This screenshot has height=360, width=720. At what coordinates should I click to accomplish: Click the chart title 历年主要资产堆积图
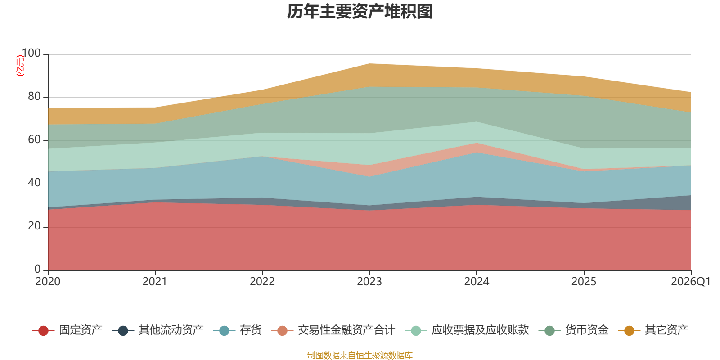tap(360, 12)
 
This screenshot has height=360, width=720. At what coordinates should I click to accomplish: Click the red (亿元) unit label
tap(20, 66)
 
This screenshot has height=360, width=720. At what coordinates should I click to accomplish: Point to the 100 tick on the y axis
tap(31, 53)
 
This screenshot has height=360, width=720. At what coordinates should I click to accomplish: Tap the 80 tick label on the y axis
tap(34, 96)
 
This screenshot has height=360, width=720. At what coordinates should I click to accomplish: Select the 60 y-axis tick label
tap(34, 139)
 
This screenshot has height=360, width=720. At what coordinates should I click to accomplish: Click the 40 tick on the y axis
tap(34, 183)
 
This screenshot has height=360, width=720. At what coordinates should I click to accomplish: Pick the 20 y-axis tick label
tap(34, 226)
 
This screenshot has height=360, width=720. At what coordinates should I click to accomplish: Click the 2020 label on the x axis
tap(48, 282)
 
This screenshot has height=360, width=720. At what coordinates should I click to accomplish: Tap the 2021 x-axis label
tap(155, 282)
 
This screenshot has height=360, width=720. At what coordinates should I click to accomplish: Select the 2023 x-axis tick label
tap(369, 282)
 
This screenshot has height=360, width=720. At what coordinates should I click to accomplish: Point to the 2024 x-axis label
tap(477, 282)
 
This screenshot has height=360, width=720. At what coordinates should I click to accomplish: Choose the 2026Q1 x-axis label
tap(690, 282)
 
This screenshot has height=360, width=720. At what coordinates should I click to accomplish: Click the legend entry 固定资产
tap(67, 330)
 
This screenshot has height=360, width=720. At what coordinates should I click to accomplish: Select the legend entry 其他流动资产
tap(157, 330)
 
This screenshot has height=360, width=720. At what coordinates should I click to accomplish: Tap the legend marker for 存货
tap(224, 331)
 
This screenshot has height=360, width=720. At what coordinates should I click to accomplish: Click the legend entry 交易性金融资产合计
tap(333, 330)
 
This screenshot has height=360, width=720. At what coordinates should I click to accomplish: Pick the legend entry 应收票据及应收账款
tap(467, 330)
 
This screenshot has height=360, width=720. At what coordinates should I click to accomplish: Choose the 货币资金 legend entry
tap(573, 330)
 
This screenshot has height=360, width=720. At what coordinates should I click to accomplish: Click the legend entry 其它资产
tap(653, 330)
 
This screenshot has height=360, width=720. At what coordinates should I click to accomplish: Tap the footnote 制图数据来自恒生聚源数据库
tap(360, 355)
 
